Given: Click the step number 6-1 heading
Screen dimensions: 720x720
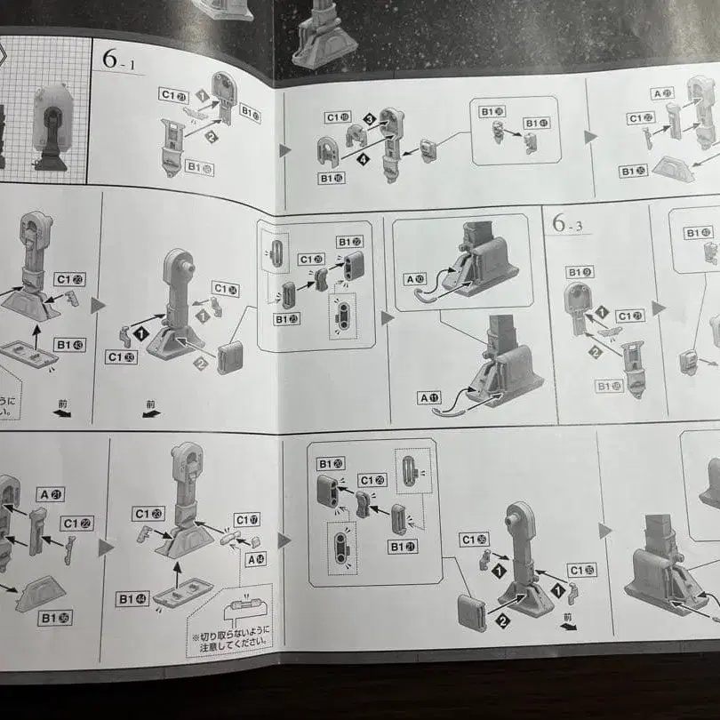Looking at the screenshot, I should point(121,60).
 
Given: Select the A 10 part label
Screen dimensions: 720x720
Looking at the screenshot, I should point(414,279).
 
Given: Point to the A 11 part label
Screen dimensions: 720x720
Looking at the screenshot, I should point(429,397).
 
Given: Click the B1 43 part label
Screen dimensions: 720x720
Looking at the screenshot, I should point(68,344).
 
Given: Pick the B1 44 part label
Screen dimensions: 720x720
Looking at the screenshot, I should point(132,598).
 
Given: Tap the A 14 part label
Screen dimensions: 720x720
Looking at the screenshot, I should point(255,559).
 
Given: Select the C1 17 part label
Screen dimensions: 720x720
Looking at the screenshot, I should point(247,519).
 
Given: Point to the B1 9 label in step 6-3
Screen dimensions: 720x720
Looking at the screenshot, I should point(579,272).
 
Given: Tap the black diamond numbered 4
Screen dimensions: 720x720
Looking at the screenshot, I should point(364,159).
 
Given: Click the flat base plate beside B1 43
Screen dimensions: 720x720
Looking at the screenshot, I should point(28,354).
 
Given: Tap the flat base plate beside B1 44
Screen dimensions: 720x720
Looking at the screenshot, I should point(182,593).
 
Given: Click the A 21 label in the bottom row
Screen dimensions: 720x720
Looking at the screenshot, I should point(51,494).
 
